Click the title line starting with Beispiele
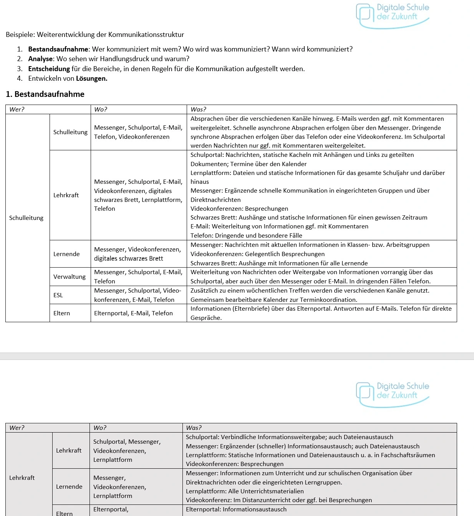[x=95, y=35]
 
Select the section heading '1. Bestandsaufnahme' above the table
[x=45, y=94]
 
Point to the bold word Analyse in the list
[x=40, y=59]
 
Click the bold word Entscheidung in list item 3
[x=49, y=69]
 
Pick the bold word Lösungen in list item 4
[x=91, y=78]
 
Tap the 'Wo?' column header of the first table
[x=101, y=110]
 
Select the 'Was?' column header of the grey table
[x=194, y=428]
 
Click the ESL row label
[x=58, y=295]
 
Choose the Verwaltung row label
[x=69, y=277]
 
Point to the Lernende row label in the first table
[x=66, y=254]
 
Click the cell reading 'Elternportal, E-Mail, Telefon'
[x=133, y=313]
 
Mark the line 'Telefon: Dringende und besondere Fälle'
[x=246, y=236]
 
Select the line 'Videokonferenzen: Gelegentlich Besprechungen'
[x=257, y=254]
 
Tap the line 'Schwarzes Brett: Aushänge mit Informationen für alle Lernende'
[x=279, y=263]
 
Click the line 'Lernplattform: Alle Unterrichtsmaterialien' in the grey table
[x=245, y=491]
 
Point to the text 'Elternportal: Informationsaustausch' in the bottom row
[x=236, y=509]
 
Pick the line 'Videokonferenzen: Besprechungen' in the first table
[x=239, y=209]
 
